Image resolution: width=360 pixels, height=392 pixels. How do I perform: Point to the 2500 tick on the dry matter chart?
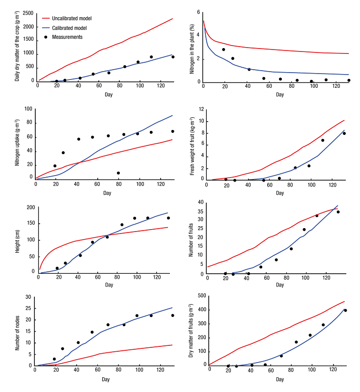coord(28,13)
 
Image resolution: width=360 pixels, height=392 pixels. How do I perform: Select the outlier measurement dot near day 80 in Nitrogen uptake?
coord(118,173)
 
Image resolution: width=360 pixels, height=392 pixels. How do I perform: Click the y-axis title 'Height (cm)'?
coord(18,240)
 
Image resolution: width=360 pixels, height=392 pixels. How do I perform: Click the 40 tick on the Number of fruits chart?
coord(200,202)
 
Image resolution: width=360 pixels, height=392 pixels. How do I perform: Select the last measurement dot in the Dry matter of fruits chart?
coord(345,310)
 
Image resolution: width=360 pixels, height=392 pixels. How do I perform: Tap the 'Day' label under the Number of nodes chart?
coord(105,380)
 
